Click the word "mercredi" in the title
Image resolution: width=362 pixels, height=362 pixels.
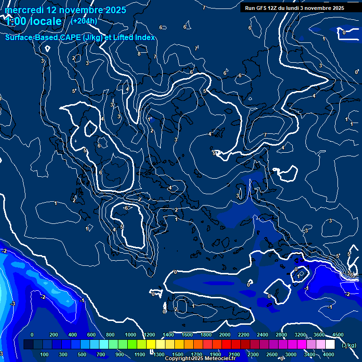[23, 10]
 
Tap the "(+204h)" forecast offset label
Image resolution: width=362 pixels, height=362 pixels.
[84, 21]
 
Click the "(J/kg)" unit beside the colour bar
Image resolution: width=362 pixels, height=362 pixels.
[349, 346]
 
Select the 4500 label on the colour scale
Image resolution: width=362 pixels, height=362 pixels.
[338, 335]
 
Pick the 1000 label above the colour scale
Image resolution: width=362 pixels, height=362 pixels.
[131, 335]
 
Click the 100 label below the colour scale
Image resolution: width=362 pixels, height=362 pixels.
[45, 354]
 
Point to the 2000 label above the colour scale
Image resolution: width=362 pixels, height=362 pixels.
[225, 335]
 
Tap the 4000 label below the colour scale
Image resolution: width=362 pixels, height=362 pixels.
[329, 354]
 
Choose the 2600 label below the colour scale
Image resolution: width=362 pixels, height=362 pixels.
[272, 354]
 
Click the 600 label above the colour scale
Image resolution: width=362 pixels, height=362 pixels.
[91, 335]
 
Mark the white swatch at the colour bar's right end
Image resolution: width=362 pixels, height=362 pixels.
[330, 345]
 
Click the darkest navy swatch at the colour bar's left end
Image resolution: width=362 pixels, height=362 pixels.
[28, 345]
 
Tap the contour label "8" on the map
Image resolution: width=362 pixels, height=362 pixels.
[139, 54]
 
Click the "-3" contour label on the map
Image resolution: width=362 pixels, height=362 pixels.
[13, 304]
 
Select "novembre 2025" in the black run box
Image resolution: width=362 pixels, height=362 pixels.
[326, 8]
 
